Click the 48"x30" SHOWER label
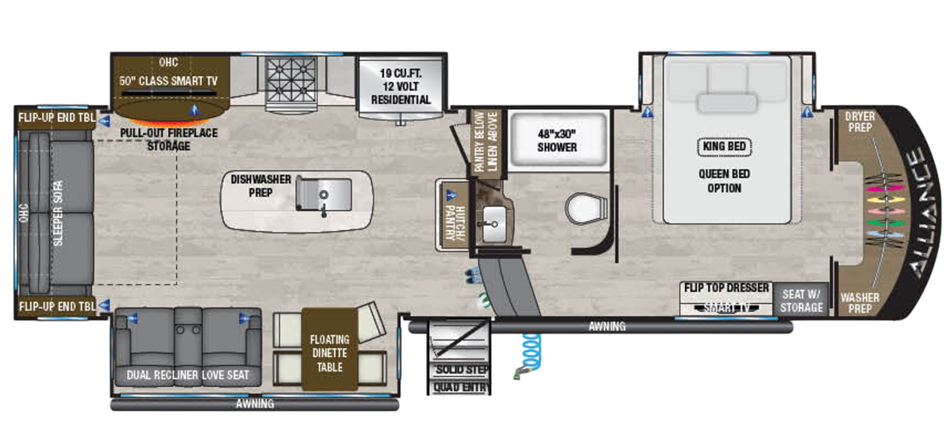click(557, 141)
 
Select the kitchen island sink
click(323, 194)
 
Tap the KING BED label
click(724, 146)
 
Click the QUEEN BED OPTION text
click(724, 181)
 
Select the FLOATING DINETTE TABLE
click(330, 353)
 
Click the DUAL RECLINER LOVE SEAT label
click(187, 375)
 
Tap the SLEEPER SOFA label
click(58, 213)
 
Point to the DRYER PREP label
click(859, 122)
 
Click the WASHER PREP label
click(860, 303)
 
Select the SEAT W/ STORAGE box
click(801, 301)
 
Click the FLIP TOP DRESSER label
click(726, 288)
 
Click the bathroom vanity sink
click(494, 223)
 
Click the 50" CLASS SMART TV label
click(168, 81)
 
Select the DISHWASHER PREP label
click(261, 186)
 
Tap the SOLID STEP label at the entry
click(462, 370)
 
